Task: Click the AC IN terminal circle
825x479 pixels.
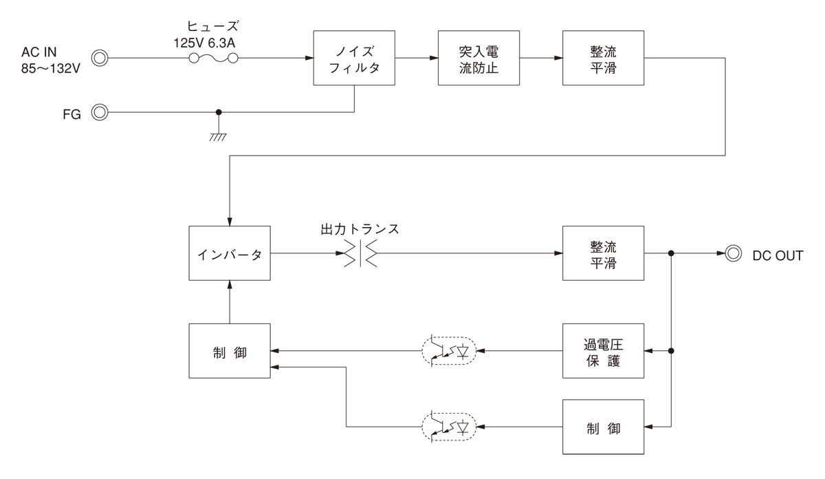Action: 100,58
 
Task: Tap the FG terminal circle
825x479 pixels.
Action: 100,111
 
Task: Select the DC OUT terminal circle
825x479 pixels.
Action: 734,254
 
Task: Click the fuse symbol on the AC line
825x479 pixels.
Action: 213,59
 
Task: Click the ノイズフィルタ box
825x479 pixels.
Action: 354,58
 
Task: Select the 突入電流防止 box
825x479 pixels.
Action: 478,58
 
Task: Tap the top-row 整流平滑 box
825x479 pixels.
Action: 604,58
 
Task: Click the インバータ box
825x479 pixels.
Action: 230,254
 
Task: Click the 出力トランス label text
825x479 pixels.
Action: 360,228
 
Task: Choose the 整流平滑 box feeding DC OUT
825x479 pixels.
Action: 604,254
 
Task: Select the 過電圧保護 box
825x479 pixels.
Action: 604,350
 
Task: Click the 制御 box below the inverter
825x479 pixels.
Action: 230,351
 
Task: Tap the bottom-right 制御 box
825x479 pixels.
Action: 604,427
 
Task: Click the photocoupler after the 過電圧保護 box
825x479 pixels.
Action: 448,351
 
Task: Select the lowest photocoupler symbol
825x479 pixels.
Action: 448,427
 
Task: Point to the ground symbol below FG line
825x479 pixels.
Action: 219,136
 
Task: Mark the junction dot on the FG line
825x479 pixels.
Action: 219,111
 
